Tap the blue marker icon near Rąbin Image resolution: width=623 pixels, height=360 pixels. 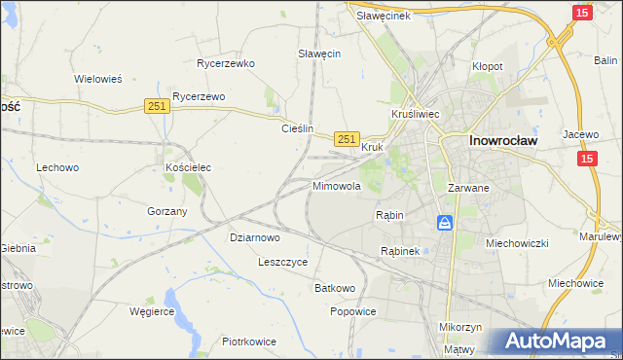coord(445,224)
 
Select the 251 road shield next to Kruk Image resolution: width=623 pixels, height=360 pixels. coord(347,139)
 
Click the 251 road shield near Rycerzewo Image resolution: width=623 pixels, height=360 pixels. coord(157,106)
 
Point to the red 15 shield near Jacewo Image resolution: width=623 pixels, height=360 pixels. coord(588,159)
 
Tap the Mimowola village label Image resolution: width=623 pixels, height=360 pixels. coord(337,185)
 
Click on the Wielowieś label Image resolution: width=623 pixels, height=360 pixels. coord(97,79)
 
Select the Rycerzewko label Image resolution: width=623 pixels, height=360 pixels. coord(225,63)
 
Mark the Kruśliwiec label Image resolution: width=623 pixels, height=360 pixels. coord(416,114)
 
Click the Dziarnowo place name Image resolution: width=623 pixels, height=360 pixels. coord(255,236)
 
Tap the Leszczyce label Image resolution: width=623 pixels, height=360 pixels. coord(283,262)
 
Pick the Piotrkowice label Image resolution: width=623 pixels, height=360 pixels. coord(249,342)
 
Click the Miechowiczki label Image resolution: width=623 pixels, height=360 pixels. coord(518,242)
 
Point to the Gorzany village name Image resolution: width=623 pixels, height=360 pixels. coord(166,211)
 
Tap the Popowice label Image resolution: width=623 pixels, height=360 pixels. coord(352,311)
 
